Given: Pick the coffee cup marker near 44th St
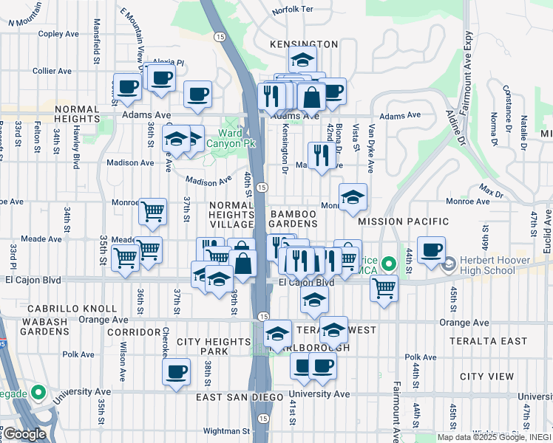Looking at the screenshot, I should coord(431,249).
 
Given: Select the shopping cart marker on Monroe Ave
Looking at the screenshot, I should coord(152,211).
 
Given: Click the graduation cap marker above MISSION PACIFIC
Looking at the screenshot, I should coord(353,196).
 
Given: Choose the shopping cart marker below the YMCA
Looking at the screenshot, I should coord(384,288).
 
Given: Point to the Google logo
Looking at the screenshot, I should coord(24,434).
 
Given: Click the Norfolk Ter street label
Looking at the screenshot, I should coord(293,11).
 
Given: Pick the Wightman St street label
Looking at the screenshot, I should coord(226,430).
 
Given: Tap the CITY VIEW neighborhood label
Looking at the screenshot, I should coord(486,377).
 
